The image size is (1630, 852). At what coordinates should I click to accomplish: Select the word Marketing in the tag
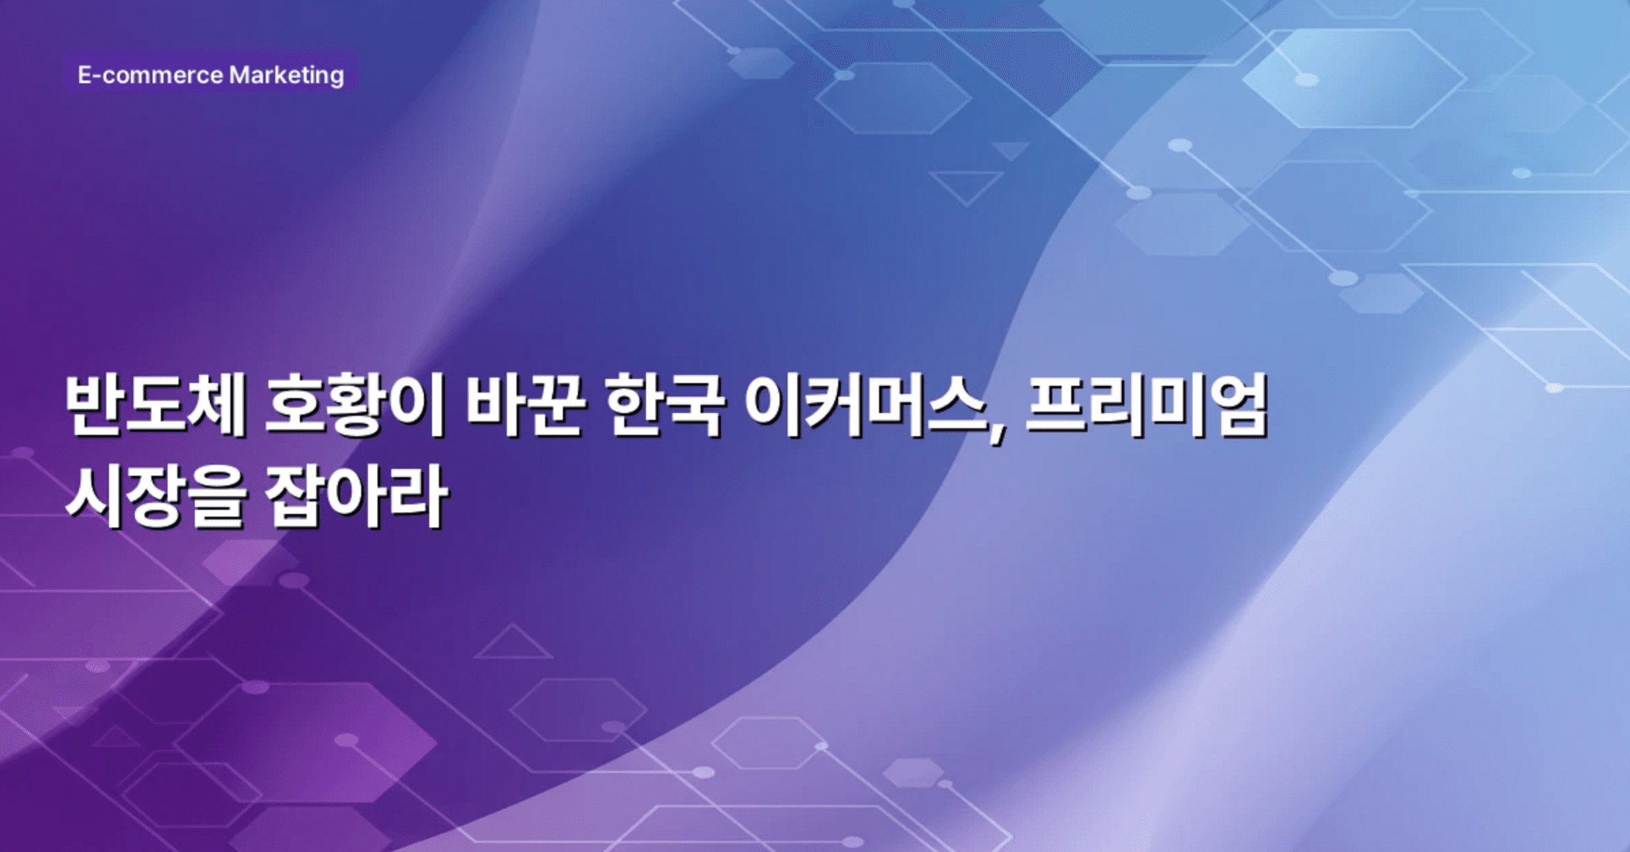click(286, 75)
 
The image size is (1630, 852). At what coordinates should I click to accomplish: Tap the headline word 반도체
click(155, 405)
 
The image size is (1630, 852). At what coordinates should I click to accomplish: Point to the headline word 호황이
click(355, 405)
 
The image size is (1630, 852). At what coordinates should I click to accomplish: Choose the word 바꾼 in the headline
click(525, 405)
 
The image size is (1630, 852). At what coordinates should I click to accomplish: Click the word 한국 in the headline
click(664, 405)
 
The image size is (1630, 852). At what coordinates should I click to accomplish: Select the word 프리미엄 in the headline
click(1147, 405)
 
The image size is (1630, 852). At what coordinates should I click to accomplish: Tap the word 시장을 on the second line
click(155, 498)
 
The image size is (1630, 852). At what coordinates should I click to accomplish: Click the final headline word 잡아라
click(356, 498)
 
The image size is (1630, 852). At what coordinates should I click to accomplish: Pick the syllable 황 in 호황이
click(355, 405)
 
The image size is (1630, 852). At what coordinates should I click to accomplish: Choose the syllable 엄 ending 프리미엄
click(1238, 405)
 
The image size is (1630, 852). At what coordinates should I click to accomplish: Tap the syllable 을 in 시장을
click(216, 498)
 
